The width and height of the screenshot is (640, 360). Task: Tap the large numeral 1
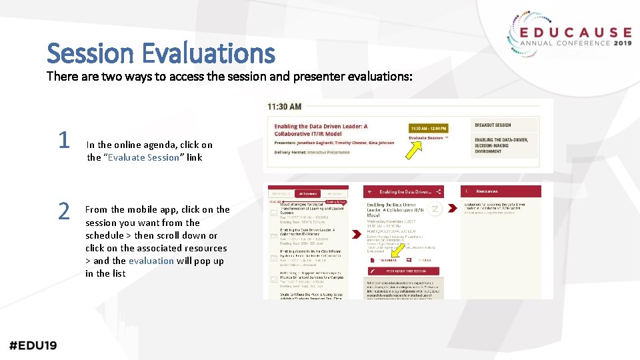tap(63, 140)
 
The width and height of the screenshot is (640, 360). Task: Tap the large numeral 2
tap(63, 211)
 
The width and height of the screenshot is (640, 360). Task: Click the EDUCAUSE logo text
tap(575, 32)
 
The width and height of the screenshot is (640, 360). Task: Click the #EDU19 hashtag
tap(33, 345)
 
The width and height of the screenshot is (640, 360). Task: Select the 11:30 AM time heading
tap(285, 106)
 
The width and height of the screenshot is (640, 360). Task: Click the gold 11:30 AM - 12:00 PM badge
tap(428, 128)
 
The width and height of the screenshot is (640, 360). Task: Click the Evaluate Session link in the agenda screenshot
tap(427, 138)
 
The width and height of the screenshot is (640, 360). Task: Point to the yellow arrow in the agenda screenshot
tap(415, 151)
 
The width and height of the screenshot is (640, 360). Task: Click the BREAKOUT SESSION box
tap(493, 125)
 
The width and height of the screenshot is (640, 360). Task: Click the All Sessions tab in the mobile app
tap(307, 193)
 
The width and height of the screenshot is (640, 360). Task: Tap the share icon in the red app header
tap(438, 192)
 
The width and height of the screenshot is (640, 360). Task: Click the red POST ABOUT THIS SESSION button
tap(403, 271)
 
